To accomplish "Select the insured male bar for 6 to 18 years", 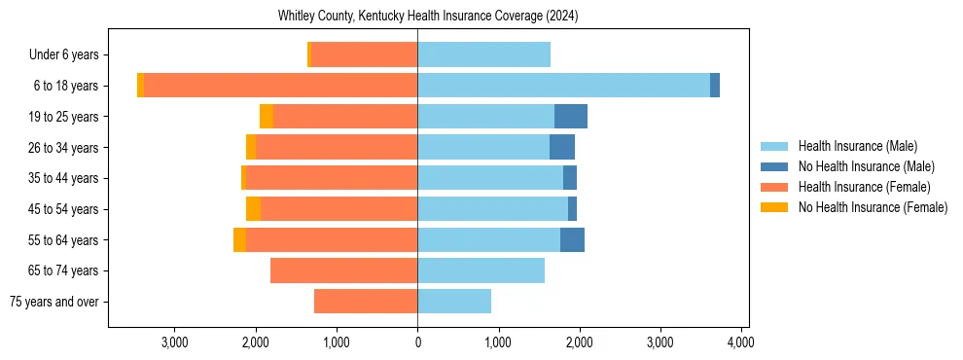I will (x=563, y=86).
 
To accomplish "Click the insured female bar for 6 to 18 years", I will (x=280, y=86).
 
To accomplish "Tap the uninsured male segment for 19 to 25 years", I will (x=571, y=117).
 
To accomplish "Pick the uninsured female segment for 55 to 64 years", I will (x=239, y=240).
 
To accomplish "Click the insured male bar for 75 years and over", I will (x=454, y=302).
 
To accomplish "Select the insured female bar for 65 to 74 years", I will (x=343, y=270).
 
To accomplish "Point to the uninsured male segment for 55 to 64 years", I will (x=572, y=240).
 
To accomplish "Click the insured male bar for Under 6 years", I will (x=483, y=54).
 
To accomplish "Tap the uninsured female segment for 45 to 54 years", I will (x=253, y=209).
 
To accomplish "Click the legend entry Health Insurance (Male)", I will (x=857, y=146).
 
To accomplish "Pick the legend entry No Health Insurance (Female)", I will (x=873, y=207).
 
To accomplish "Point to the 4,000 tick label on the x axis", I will (x=741, y=342).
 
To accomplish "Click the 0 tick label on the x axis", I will (x=417, y=342).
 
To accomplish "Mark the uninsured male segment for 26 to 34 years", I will (x=562, y=148).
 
